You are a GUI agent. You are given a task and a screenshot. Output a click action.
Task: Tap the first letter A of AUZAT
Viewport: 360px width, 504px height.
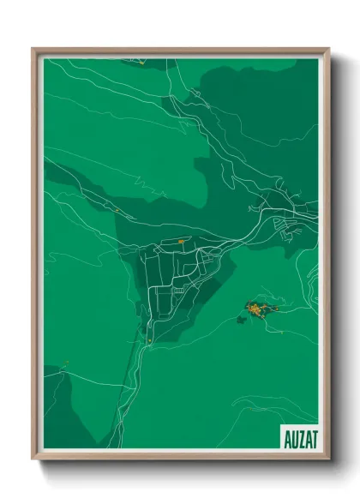(285, 439)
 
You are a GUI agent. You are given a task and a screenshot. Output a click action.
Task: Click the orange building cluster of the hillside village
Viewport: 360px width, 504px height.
(257, 307)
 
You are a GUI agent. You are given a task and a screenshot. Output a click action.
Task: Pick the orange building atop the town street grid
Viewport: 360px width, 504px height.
(182, 241)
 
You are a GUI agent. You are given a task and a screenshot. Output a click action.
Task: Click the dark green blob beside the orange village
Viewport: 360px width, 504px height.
(242, 319)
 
